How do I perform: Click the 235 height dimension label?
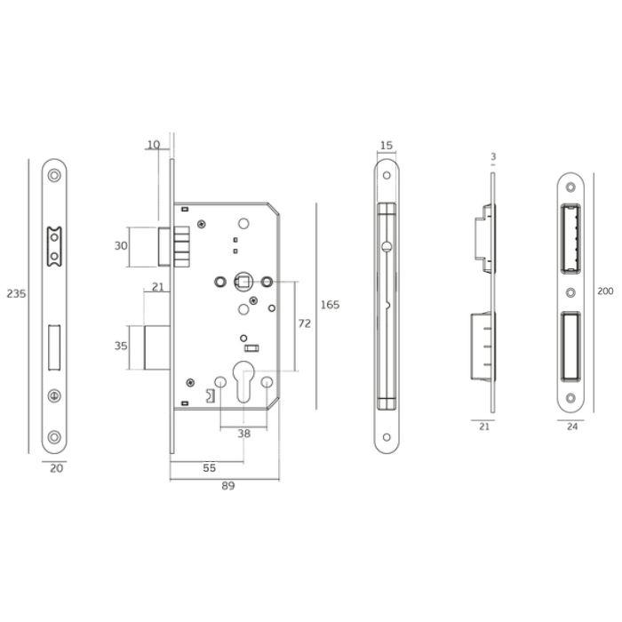coord(16,294)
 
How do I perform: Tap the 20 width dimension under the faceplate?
coord(56,468)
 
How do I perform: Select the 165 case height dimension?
coord(330,305)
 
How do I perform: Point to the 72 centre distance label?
coord(304,323)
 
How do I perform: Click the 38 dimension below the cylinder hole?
coord(244,434)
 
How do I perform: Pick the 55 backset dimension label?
coord(209,468)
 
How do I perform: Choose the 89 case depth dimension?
coord(228,485)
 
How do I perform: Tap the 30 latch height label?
coord(121,246)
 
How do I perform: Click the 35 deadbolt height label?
coord(121,346)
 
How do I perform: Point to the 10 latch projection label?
coord(154,145)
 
